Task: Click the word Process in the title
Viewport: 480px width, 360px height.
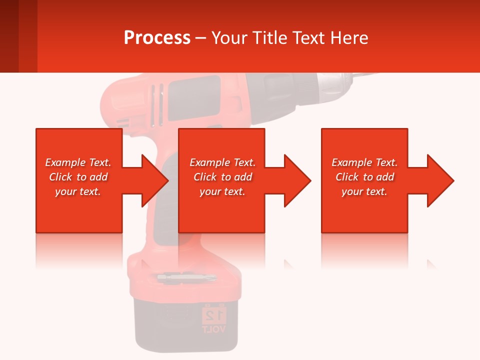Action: coord(157,37)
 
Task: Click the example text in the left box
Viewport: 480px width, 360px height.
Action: coord(78,177)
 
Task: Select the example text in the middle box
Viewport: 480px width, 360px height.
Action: coord(222,177)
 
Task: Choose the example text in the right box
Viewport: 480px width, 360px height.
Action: coord(364,177)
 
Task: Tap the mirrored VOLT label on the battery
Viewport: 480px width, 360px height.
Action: coord(214,329)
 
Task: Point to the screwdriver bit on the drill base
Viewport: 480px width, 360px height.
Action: coord(186,276)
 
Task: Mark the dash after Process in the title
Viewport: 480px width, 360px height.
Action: coord(200,38)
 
